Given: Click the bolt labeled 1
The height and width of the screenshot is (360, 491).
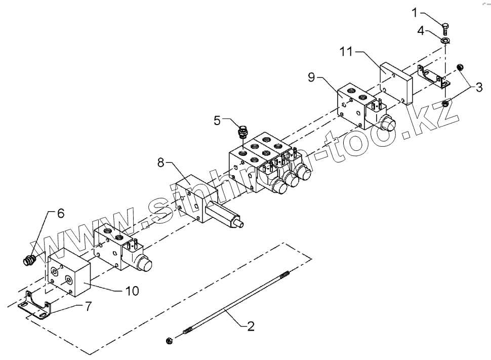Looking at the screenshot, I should click(445, 28).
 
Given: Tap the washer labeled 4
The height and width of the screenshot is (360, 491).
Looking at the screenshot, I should click(446, 41).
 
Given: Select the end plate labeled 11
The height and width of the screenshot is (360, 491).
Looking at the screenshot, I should click(398, 82).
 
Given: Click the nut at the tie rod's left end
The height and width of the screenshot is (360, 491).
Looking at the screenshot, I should click(169, 340).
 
